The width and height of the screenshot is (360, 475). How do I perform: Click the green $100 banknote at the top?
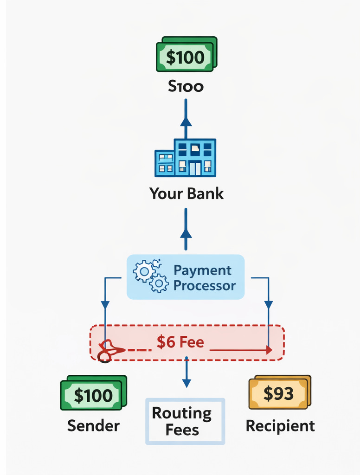click(x=186, y=55)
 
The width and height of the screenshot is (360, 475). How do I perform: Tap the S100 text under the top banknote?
click(x=186, y=87)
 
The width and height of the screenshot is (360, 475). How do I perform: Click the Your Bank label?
click(x=186, y=193)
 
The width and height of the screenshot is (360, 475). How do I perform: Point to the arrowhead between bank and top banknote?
click(x=186, y=122)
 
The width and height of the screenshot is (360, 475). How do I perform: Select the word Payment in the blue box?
click(x=202, y=270)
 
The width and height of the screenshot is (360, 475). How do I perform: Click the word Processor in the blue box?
click(x=205, y=285)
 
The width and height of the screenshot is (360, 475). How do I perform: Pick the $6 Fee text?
click(x=180, y=342)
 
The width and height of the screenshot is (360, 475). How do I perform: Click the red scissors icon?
click(x=109, y=351)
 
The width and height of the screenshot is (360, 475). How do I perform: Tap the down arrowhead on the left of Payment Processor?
click(x=105, y=305)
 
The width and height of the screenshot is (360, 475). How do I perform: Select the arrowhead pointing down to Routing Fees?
click(x=186, y=383)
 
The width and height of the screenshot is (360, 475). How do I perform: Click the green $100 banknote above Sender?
click(x=93, y=393)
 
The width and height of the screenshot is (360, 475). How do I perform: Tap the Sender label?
click(x=93, y=425)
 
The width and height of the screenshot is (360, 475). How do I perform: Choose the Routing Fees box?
click(x=185, y=421)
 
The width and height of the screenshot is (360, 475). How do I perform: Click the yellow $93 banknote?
click(x=279, y=392)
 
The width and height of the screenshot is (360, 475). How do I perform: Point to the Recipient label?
click(x=280, y=425)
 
